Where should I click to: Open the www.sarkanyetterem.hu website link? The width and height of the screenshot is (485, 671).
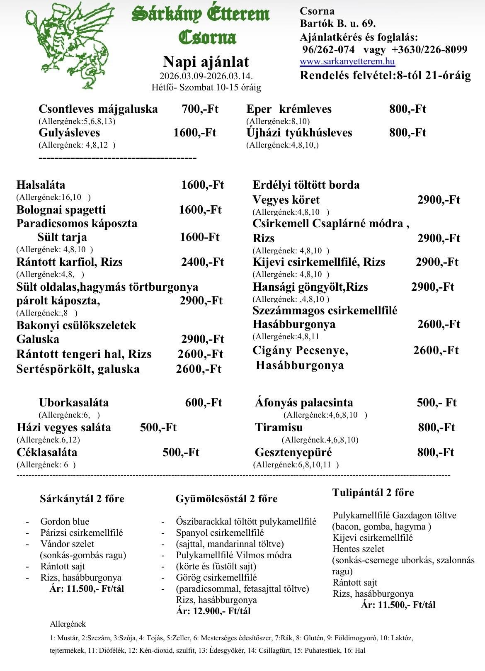(347, 62)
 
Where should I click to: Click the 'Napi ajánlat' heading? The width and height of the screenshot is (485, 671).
(206, 62)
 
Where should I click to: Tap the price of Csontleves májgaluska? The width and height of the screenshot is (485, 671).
(200, 109)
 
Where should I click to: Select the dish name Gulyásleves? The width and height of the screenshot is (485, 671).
(69, 133)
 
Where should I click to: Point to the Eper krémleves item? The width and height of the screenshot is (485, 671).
(289, 109)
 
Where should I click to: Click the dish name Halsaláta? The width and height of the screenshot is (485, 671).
(41, 185)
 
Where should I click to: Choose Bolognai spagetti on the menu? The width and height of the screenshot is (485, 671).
(61, 210)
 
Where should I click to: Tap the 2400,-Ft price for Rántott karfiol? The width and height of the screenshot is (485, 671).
(202, 262)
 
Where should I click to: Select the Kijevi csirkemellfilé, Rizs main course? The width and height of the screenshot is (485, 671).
(319, 262)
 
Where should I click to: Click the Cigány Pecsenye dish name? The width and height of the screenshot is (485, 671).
(301, 351)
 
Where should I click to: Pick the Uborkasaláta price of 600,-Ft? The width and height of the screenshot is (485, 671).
(204, 403)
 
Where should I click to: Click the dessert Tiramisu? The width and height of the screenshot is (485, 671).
(279, 428)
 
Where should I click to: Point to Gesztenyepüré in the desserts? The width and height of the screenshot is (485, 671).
(293, 452)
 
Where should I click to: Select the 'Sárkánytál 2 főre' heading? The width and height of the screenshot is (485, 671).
(82, 498)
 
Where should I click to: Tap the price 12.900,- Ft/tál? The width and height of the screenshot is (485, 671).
(213, 611)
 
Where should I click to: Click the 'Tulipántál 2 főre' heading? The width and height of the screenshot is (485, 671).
(373, 493)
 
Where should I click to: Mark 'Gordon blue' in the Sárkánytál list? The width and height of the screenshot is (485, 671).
(65, 522)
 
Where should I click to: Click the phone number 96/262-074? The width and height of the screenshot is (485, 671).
(329, 50)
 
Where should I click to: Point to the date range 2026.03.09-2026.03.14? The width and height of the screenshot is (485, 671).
(206, 77)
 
